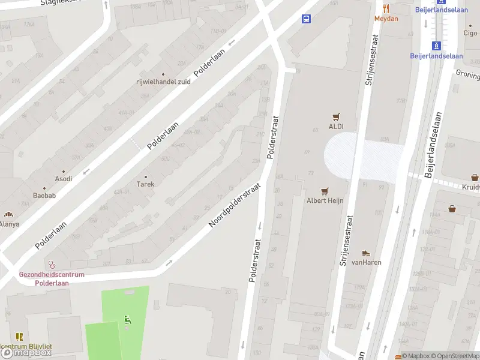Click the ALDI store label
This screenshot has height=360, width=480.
(x=336, y=126)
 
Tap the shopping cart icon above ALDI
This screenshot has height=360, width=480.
(x=336, y=117)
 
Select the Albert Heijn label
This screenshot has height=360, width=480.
(x=325, y=200)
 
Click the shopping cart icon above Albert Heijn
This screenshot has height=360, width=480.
(x=325, y=191)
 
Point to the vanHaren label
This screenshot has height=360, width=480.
(x=367, y=262)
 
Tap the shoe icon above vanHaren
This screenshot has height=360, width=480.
(x=366, y=253)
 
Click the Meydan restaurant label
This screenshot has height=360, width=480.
(x=386, y=19)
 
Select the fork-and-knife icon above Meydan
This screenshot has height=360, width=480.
(x=386, y=9)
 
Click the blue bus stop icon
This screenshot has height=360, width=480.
(x=307, y=19)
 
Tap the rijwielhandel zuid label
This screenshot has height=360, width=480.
(x=163, y=82)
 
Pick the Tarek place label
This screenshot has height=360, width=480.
(x=146, y=184)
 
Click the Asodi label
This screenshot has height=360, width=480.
(x=64, y=179)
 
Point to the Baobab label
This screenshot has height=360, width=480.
(x=44, y=196)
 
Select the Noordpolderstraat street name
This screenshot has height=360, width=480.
(x=235, y=205)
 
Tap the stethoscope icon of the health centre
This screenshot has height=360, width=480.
(x=52, y=264)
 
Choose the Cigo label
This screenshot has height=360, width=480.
(x=470, y=34)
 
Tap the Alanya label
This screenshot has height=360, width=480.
(x=9, y=224)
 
